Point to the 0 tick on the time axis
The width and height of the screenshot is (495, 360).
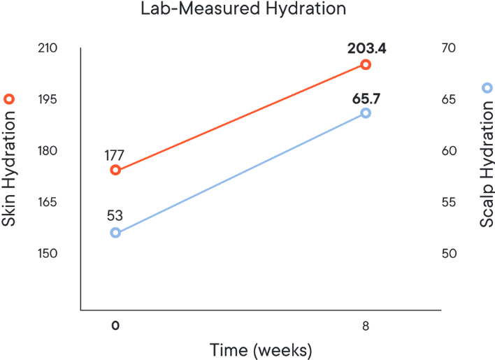(115, 325)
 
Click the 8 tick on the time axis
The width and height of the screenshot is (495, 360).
(366, 325)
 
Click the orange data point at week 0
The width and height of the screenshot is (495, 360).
(115, 170)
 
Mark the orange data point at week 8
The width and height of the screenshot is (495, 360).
(366, 64)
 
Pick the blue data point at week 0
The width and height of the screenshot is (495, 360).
(115, 233)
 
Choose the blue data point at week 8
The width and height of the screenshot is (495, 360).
(366, 113)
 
